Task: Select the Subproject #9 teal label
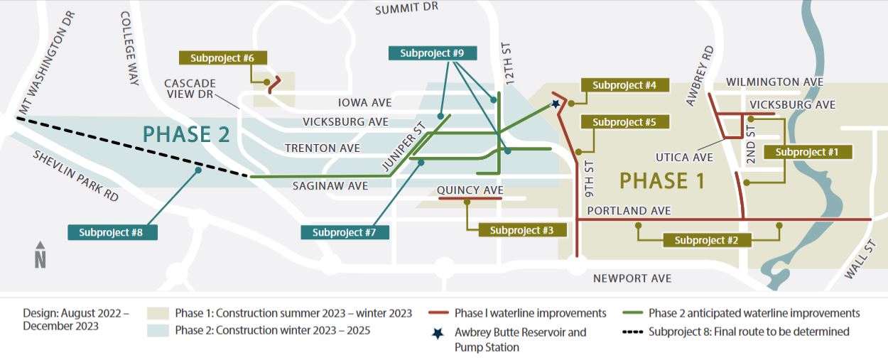click(x=432, y=53)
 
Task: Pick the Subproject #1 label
click(x=807, y=152)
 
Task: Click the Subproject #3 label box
click(x=521, y=230)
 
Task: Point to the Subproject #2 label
click(x=706, y=240)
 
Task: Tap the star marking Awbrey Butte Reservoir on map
click(x=555, y=104)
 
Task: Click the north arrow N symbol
click(x=40, y=256)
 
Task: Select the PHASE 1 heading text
click(x=662, y=181)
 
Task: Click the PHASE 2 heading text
click(x=187, y=135)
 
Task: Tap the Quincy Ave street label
click(x=470, y=190)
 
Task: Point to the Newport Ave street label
click(x=632, y=278)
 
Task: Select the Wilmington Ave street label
click(x=774, y=82)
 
